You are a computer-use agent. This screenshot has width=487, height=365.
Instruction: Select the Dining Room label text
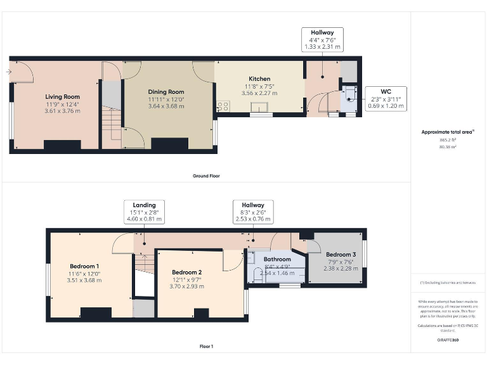(166, 92)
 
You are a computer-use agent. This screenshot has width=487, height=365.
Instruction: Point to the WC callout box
(386, 99)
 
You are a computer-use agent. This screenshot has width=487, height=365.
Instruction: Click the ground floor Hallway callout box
(322, 39)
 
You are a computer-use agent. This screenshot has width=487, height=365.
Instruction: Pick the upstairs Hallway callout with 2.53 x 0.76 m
(253, 212)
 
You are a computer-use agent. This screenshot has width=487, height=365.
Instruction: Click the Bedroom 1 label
(84, 266)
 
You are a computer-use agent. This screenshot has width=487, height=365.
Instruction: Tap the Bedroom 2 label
(186, 272)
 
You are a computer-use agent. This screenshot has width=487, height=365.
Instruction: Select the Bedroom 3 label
(341, 255)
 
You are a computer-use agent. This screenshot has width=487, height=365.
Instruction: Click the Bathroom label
(277, 259)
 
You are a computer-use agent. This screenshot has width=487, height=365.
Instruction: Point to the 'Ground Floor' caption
(206, 176)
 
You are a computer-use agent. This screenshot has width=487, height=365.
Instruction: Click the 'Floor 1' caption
(206, 347)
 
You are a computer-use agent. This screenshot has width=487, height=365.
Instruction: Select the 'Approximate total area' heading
(448, 132)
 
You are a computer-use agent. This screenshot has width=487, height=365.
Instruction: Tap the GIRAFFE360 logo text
(448, 340)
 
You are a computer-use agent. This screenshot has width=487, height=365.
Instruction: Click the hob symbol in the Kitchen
(223, 106)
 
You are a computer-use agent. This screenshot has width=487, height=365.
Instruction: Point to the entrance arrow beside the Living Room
(8, 72)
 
